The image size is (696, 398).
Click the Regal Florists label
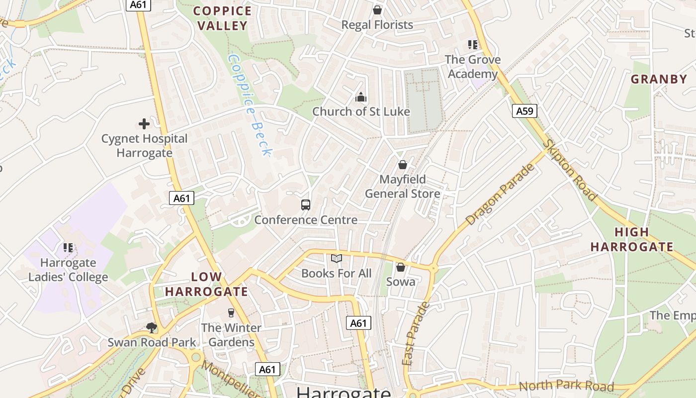click(377, 25)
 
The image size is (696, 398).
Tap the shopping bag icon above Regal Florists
click(377, 10)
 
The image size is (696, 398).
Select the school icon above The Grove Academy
click(472, 45)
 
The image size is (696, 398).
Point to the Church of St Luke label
click(361, 111)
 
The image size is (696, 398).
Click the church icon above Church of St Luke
click(361, 97)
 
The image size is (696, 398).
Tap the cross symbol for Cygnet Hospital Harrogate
click(144, 124)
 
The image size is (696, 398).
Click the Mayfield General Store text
click(403, 187)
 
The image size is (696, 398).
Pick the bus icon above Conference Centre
click(306, 204)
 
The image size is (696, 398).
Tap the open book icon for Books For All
click(337, 258)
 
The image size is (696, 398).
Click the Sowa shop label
click(401, 282)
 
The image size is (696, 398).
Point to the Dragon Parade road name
click(501, 194)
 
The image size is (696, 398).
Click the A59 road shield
click(524, 111)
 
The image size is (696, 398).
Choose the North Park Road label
click(566, 386)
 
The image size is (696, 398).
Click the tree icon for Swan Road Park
click(152, 327)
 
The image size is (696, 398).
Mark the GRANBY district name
click(659, 79)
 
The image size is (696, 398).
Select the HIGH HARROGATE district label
click(632, 239)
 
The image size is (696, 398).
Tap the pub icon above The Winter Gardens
click(231, 313)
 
